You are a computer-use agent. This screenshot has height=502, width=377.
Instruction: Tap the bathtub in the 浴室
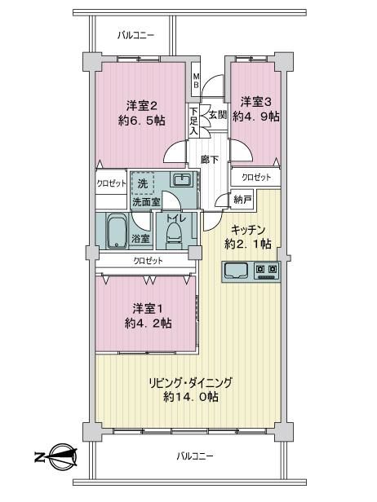pyautogui.click(x=117, y=231)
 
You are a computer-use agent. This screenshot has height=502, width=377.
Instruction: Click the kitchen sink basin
pyautogui.click(x=237, y=271)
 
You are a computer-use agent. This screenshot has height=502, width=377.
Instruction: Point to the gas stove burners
pyautogui.click(x=267, y=271)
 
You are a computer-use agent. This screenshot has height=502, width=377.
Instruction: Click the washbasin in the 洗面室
pyautogui.click(x=183, y=180)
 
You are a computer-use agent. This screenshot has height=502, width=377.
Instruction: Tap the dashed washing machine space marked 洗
pyautogui.click(x=143, y=183)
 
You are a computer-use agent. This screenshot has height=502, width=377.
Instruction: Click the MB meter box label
pyautogui.click(x=196, y=81)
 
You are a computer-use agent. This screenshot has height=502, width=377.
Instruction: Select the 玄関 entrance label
pyautogui.click(x=218, y=115)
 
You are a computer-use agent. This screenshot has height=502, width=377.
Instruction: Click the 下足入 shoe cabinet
pyautogui.click(x=193, y=121)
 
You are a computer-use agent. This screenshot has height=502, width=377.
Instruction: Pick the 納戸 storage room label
pyautogui.click(x=242, y=200)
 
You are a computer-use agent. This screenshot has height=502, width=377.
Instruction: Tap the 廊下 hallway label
pyautogui.click(x=210, y=159)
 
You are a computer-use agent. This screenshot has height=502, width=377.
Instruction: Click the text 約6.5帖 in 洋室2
pyautogui.click(x=142, y=121)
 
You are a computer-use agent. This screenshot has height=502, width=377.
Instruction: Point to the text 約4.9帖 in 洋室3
pyautogui.click(x=256, y=117)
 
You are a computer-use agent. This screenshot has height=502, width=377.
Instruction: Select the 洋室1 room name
pyautogui.click(x=148, y=309)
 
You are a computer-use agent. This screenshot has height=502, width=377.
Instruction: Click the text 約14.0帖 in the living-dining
pyautogui.click(x=191, y=397)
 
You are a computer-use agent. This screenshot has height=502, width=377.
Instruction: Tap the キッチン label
pyautogui.click(x=248, y=230)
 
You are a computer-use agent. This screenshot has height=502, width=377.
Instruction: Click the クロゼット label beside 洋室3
pyautogui.click(x=256, y=177)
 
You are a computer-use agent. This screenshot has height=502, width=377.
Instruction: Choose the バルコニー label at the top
pyautogui.click(x=135, y=35)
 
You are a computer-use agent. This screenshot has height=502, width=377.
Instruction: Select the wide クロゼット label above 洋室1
pyautogui.click(x=148, y=261)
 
